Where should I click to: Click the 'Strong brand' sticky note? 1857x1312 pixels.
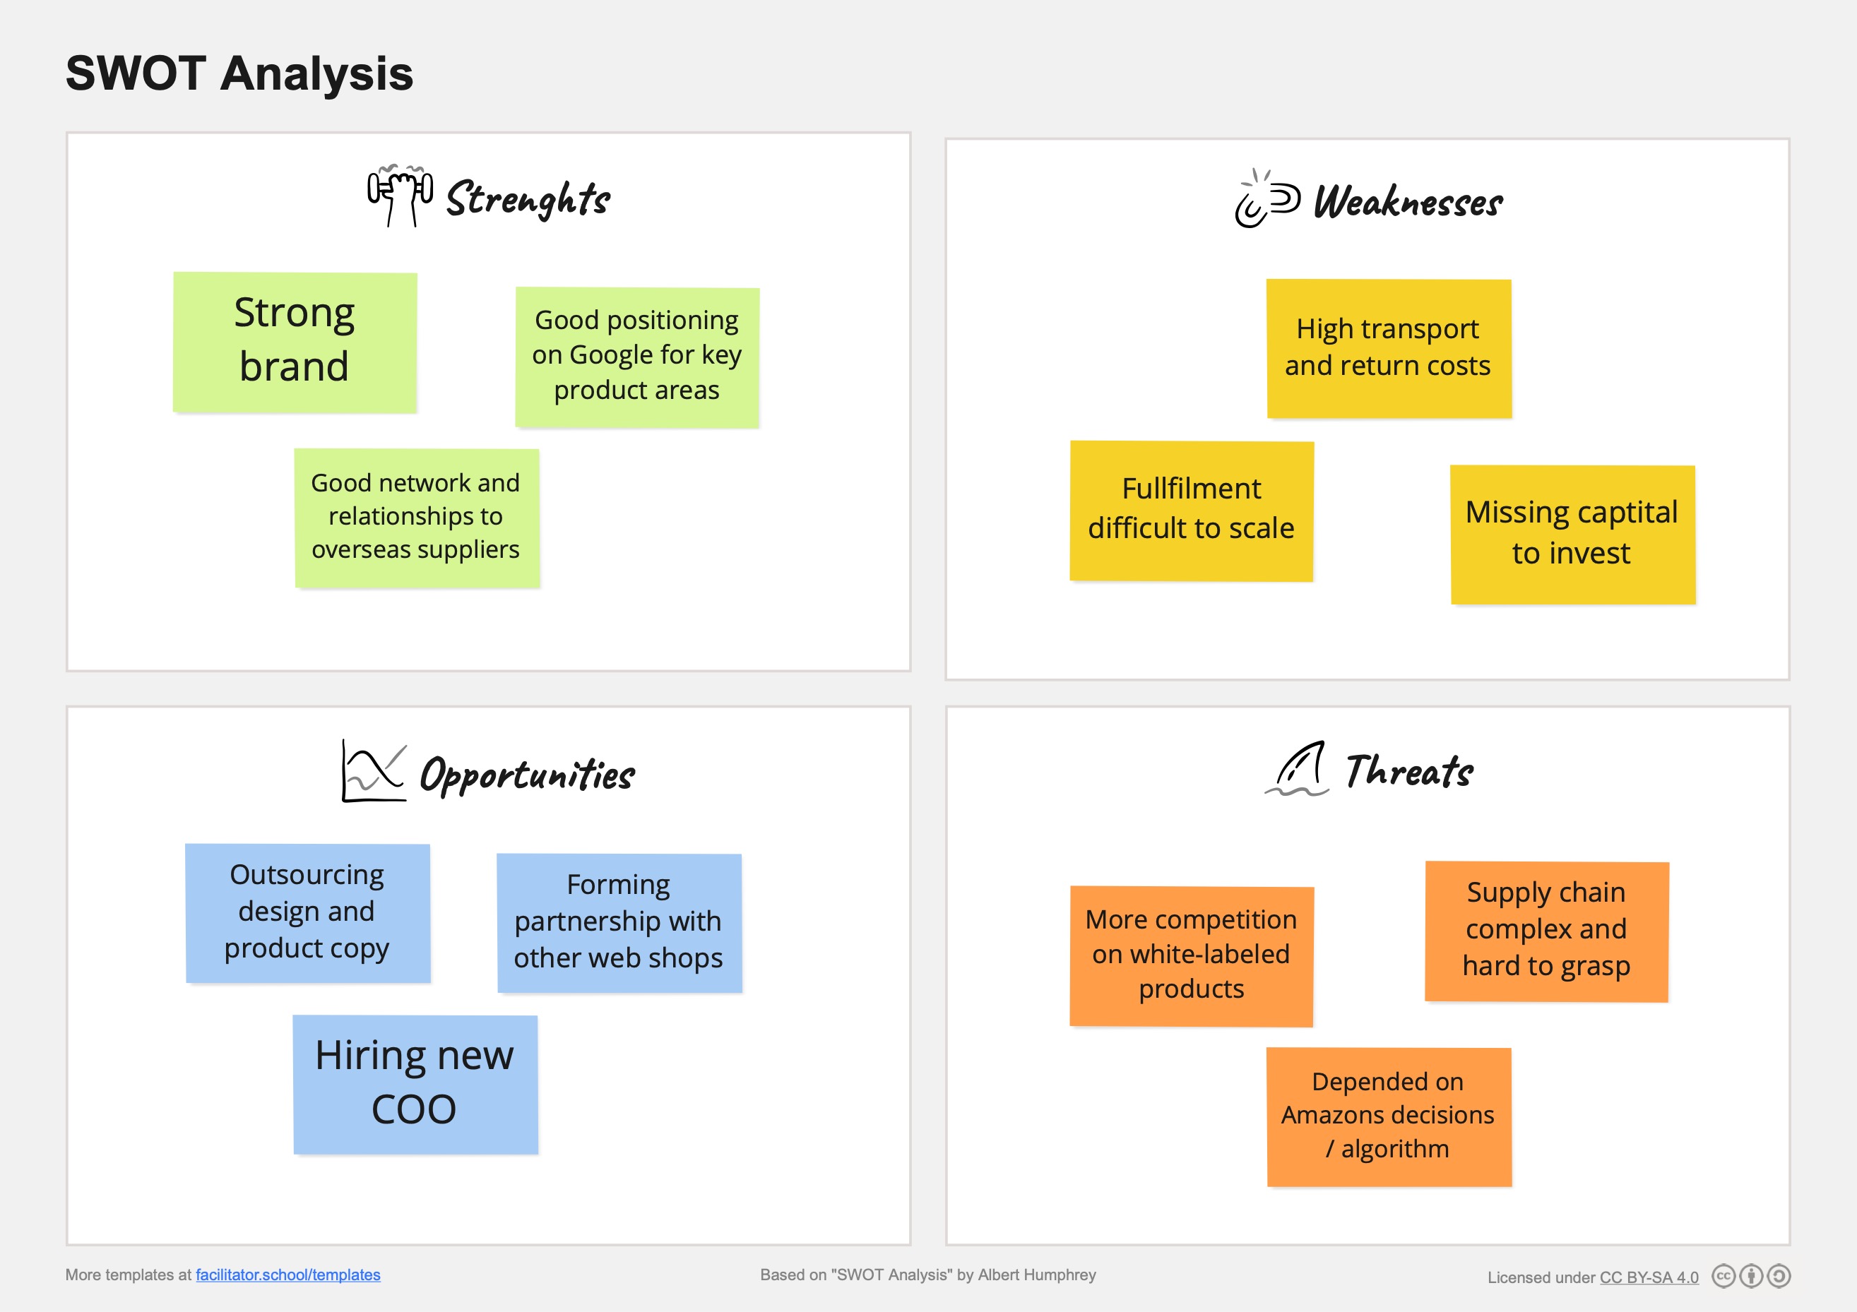pos(295,342)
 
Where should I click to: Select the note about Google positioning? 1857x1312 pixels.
pos(636,357)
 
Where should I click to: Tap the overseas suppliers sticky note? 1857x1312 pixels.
pos(417,518)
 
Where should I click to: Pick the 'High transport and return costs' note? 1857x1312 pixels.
pos(1388,348)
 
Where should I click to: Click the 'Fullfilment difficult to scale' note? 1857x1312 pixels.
pos(1190,510)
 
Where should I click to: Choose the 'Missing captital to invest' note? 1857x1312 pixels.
pos(1572,534)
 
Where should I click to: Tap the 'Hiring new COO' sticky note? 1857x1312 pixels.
pos(415,1083)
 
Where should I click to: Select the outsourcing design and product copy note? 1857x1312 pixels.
pos(307,912)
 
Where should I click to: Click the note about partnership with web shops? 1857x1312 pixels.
pos(619,922)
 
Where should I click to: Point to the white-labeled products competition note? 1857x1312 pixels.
pos(1190,955)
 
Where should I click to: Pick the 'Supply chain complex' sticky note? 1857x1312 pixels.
pos(1545,931)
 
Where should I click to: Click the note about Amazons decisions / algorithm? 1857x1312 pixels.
pos(1388,1116)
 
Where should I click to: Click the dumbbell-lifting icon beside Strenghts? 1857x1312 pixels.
pos(400,195)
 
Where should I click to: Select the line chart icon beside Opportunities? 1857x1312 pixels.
pos(373,771)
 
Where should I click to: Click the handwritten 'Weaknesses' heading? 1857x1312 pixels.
pos(1407,202)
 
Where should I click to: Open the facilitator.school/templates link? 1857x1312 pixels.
pos(288,1275)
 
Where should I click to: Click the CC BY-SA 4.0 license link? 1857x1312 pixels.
pos(1649,1277)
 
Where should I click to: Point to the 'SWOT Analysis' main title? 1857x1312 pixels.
pos(239,73)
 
